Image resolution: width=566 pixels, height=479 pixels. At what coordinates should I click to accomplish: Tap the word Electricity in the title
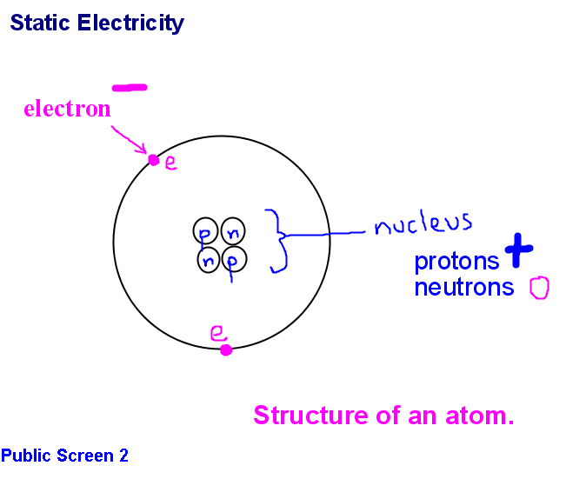pos(130,23)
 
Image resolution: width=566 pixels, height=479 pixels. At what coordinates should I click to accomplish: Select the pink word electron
pos(67,110)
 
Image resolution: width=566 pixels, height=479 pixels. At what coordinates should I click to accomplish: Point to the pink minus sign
pos(130,87)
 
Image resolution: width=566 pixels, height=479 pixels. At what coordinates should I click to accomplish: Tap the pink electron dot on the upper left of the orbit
pos(154,160)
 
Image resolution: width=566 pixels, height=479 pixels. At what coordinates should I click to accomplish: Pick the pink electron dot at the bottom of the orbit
pos(226,349)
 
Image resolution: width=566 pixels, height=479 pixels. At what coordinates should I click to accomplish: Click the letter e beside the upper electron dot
pos(170,163)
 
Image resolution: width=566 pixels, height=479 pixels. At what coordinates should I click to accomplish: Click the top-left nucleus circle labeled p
pos(206,232)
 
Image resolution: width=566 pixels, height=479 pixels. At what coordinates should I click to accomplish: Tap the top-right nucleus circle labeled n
pos(233,231)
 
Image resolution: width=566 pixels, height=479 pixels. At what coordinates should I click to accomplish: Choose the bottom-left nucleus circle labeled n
pos(208,259)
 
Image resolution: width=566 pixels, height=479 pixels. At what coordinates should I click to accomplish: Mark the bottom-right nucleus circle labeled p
pos(233,258)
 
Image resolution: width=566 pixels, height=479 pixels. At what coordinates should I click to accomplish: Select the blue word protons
pos(457,261)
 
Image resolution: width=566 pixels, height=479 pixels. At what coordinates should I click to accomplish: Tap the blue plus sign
pos(519,250)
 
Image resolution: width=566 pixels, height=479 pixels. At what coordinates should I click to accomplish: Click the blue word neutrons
pos(464,287)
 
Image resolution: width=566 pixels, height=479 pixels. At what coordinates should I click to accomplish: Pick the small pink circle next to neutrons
pos(539,288)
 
